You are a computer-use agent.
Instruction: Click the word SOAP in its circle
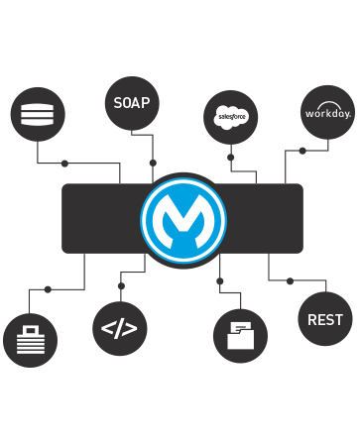131,103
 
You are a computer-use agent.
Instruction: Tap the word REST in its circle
325,319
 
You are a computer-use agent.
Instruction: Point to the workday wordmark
327,114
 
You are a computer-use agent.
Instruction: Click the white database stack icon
38,113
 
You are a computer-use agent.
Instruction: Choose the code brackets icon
119,328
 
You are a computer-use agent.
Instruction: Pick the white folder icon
240,335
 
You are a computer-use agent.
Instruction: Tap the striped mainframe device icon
31,341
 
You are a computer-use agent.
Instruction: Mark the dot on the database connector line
64,163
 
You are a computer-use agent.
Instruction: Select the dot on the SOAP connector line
152,162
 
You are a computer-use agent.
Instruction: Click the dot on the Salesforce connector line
230,157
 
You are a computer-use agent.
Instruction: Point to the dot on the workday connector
302,151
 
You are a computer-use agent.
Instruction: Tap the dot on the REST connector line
290,281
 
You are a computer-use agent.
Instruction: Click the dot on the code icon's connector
120,285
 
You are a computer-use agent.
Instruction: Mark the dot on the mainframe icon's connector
48,289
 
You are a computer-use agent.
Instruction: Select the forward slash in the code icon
119,328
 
